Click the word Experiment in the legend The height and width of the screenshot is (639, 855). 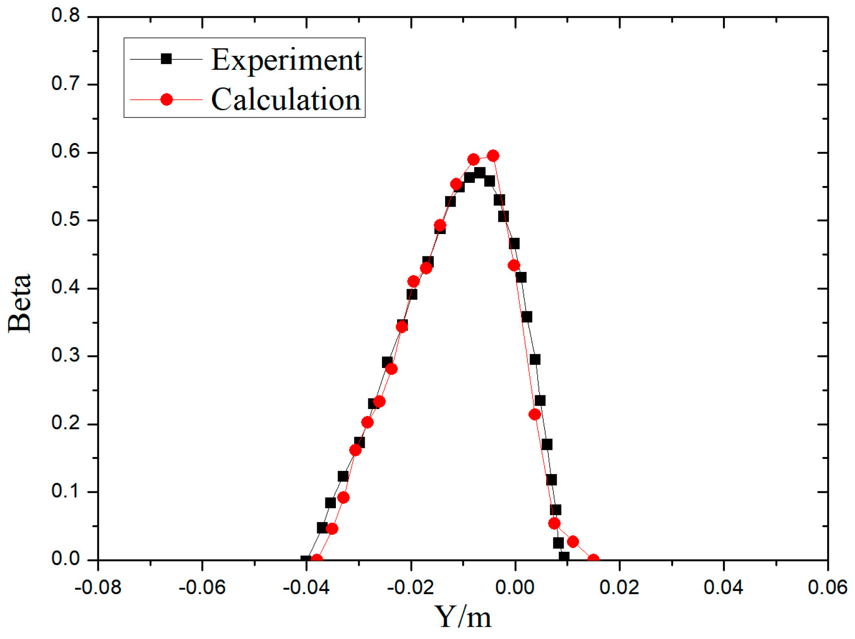[x=287, y=60]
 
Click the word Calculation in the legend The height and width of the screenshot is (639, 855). [x=286, y=100]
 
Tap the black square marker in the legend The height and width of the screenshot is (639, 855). [x=166, y=59]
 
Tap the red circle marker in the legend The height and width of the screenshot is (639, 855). [x=167, y=99]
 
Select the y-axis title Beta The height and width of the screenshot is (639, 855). [x=19, y=304]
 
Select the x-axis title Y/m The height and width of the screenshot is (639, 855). [x=462, y=617]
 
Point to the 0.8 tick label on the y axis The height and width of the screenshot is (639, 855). [x=65, y=16]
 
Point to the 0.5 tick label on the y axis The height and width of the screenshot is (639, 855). [x=65, y=220]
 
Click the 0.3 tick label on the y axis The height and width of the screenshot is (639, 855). [x=65, y=356]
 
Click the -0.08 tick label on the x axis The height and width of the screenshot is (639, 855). [x=98, y=587]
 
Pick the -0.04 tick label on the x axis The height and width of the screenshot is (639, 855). [x=306, y=587]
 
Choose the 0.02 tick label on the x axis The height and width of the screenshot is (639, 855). [x=619, y=587]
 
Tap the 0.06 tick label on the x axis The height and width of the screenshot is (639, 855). [x=827, y=587]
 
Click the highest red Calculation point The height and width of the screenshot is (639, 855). [x=493, y=156]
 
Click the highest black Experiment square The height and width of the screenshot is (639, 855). [x=479, y=172]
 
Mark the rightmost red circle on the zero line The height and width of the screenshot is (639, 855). [x=593, y=559]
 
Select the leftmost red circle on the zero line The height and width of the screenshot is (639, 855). [x=316, y=559]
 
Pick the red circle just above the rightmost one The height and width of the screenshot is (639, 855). [x=573, y=542]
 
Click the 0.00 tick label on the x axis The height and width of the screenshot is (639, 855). [x=515, y=587]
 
